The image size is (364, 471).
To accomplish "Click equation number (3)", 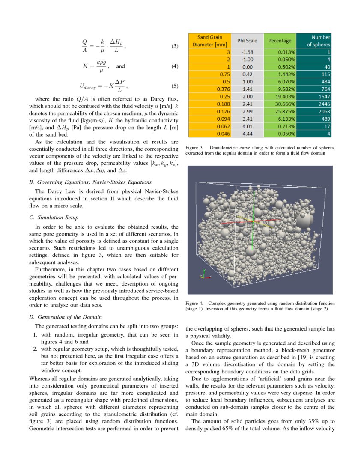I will pyautogui.click(x=174, y=46).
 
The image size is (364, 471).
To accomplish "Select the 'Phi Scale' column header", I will pyautogui.click(x=247, y=41).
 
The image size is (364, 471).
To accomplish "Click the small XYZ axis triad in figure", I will pyautogui.click(x=204, y=274).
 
